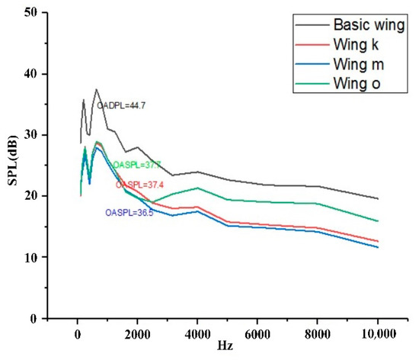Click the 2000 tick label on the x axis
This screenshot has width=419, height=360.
[x=137, y=333]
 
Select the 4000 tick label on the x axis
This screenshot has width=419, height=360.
[x=197, y=333]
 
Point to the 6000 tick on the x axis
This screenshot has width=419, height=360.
[x=257, y=333]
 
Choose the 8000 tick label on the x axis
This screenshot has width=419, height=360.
[x=318, y=333]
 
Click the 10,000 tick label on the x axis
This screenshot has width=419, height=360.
[x=377, y=333]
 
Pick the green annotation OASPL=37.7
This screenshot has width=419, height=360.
[x=137, y=165]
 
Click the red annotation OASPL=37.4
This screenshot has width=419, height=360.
[x=139, y=185]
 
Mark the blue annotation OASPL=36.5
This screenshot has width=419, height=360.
[x=130, y=213]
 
